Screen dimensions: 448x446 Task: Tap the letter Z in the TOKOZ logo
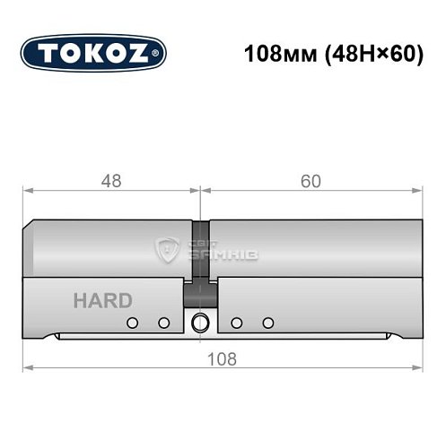pos(143,53)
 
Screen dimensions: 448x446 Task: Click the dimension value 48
pos(110,182)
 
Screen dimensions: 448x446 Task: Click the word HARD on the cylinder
pos(102,300)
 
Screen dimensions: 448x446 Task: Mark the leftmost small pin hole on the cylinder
pos(133,323)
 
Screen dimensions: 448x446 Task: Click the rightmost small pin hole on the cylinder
pos(267,323)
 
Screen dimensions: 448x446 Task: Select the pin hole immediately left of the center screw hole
pos(163,323)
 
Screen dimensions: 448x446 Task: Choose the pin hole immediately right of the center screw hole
pos(236,323)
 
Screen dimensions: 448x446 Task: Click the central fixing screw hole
pos(199,323)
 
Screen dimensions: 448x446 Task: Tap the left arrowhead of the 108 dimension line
pos(26,368)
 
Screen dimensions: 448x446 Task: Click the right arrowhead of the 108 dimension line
pos(418,368)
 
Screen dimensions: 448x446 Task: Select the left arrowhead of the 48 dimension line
pos(26,191)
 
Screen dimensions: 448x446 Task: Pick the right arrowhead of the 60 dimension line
pos(418,191)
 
